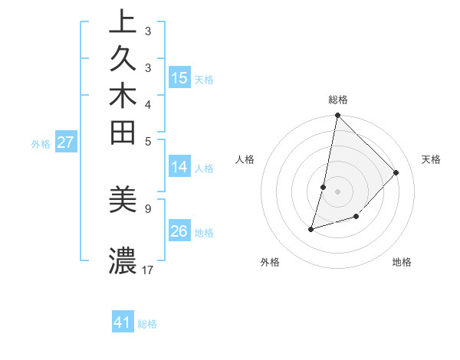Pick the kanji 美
pos(123,200)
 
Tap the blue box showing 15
pos(179,78)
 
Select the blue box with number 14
pos(179,167)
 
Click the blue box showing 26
pos(179,231)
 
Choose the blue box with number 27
pos(66,142)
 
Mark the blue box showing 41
pos(123,322)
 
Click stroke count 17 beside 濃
pos(148,270)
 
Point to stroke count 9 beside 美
pos(147,208)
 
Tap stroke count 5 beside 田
pos(147,141)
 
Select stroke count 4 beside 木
pos(147,104)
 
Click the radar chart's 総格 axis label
pos(337,100)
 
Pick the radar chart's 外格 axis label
pos(270,262)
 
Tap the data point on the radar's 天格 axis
pos(396,172)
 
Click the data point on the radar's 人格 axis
pos(324,187)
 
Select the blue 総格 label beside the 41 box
pos(147,324)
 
